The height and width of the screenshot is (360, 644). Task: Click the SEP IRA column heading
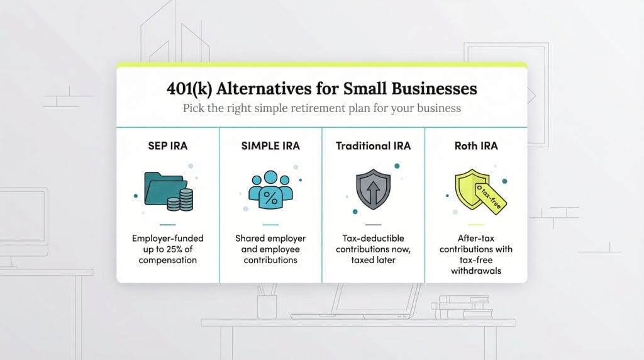(x=168, y=146)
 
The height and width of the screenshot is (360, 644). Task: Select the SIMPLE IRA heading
(x=270, y=146)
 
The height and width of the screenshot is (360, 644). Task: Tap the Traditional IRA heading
(x=373, y=146)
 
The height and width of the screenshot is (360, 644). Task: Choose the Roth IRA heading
(x=476, y=146)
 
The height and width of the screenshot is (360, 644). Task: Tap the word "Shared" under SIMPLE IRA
(x=250, y=239)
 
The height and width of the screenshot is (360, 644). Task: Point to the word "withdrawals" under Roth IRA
(x=476, y=271)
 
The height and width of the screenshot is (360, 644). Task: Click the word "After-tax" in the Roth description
(x=476, y=239)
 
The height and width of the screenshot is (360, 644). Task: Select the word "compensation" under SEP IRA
(x=168, y=260)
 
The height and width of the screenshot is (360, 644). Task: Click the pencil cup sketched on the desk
(x=266, y=305)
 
